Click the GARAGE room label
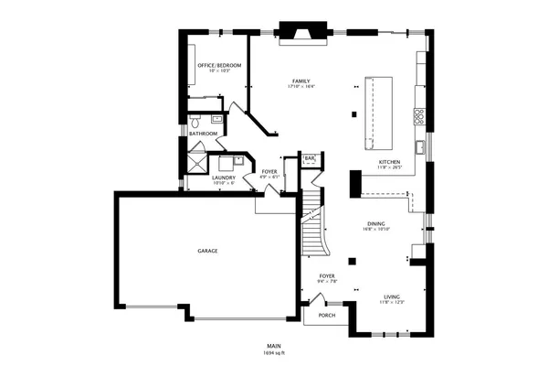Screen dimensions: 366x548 click(207, 251)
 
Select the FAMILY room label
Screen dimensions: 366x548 click(300, 81)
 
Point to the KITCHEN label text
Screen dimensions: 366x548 click(390, 163)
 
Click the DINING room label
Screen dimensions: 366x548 click(376, 224)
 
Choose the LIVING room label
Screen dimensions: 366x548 click(392, 296)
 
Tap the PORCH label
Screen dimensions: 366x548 click(326, 316)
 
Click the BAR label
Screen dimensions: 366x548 click(310, 159)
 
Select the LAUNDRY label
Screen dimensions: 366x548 click(224, 178)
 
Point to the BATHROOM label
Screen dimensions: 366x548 click(203, 134)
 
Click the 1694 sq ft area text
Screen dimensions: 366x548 click(275, 352)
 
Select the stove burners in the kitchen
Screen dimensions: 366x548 click(419, 116)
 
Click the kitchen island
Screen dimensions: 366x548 click(378, 112)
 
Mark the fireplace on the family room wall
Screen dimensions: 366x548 click(301, 32)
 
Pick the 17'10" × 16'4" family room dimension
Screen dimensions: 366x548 click(300, 87)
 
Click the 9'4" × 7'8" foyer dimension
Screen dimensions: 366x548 click(328, 281)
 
